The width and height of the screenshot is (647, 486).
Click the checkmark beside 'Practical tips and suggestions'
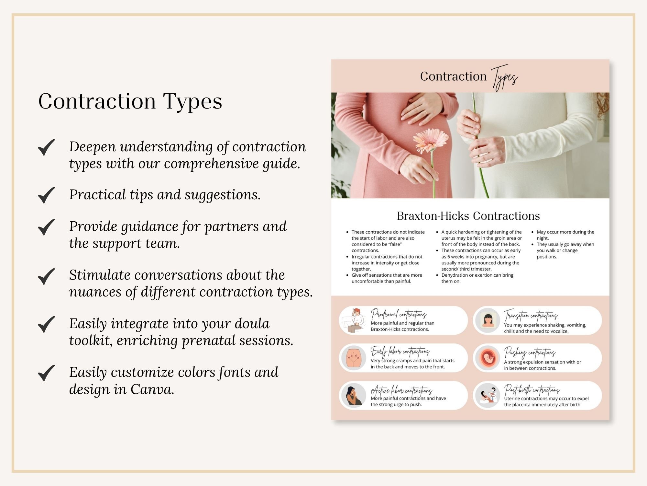[x=46, y=195]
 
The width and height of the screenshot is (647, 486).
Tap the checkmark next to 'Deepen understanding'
[x=46, y=147]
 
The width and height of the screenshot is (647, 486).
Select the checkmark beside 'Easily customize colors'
[x=46, y=373]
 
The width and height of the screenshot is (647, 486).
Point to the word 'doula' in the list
[x=252, y=324]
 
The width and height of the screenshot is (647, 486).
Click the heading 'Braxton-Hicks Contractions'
[x=468, y=216]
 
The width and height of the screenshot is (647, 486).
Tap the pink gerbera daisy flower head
[x=430, y=140]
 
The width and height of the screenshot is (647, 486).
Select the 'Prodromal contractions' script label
[x=398, y=314]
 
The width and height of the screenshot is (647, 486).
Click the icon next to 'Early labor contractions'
[x=354, y=358]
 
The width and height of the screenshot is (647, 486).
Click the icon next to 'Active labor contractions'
[x=354, y=395]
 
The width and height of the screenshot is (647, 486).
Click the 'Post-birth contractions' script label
[x=532, y=390]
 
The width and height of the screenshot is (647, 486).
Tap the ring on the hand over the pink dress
[x=426, y=112]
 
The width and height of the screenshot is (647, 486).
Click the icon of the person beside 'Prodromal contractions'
[x=354, y=320]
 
